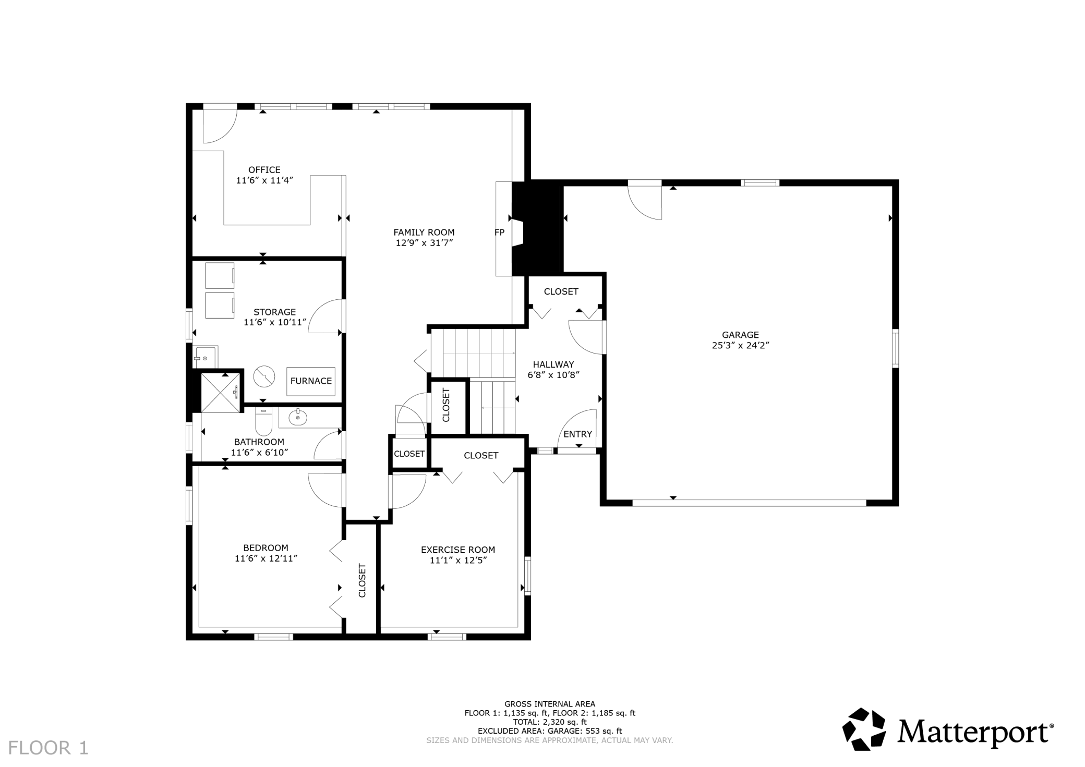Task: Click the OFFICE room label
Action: pyautogui.click(x=264, y=170)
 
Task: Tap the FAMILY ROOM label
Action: pyautogui.click(x=424, y=233)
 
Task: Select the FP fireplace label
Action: pyautogui.click(x=500, y=233)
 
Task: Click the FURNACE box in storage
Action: pyautogui.click(x=311, y=381)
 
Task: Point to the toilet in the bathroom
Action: pyautogui.click(x=263, y=422)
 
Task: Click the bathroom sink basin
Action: pyautogui.click(x=298, y=418)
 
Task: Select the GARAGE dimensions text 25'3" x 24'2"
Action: pyautogui.click(x=741, y=345)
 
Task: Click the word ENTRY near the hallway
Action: pyautogui.click(x=578, y=434)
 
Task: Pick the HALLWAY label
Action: pyautogui.click(x=553, y=364)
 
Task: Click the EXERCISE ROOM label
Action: pyautogui.click(x=458, y=550)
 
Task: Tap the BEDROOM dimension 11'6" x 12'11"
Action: pyautogui.click(x=266, y=558)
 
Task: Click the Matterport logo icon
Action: pyautogui.click(x=864, y=729)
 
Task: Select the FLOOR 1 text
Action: pyautogui.click(x=49, y=748)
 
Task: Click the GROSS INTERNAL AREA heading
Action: pyautogui.click(x=550, y=704)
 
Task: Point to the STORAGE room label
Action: pyautogui.click(x=275, y=312)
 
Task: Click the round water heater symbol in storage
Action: pyautogui.click(x=264, y=376)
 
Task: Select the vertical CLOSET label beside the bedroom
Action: pyautogui.click(x=362, y=580)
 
